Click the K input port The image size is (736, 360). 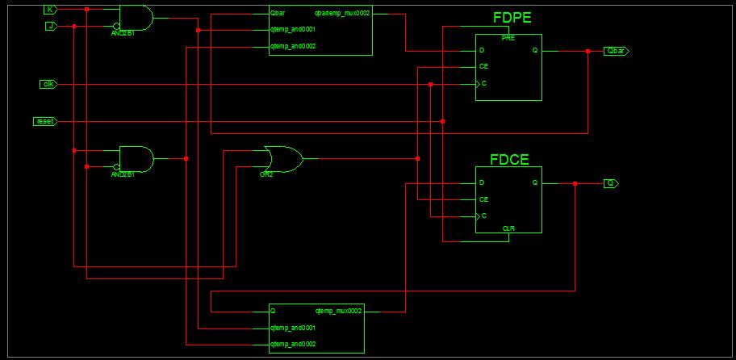coord(50,10)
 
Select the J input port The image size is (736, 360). coord(50,26)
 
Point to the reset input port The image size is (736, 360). coord(45,121)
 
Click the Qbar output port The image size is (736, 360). coord(616,51)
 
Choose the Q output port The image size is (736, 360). coord(611,183)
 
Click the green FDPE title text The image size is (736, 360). coord(512,18)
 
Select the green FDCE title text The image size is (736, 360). coord(509,159)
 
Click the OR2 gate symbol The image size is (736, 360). coord(282,159)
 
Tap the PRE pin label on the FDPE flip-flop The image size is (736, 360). coord(508,38)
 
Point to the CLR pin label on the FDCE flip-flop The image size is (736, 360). coord(508,228)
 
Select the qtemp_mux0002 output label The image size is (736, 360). coord(337,310)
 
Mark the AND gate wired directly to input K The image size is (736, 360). coord(136,18)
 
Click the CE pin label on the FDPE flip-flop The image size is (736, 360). coord(483,66)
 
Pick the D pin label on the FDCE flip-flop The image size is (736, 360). coord(481,183)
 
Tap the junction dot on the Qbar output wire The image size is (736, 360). coord(588,51)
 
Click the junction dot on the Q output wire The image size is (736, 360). coord(575,183)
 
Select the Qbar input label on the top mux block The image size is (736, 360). coord(278,14)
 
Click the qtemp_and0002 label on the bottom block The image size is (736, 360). coord(292,345)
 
